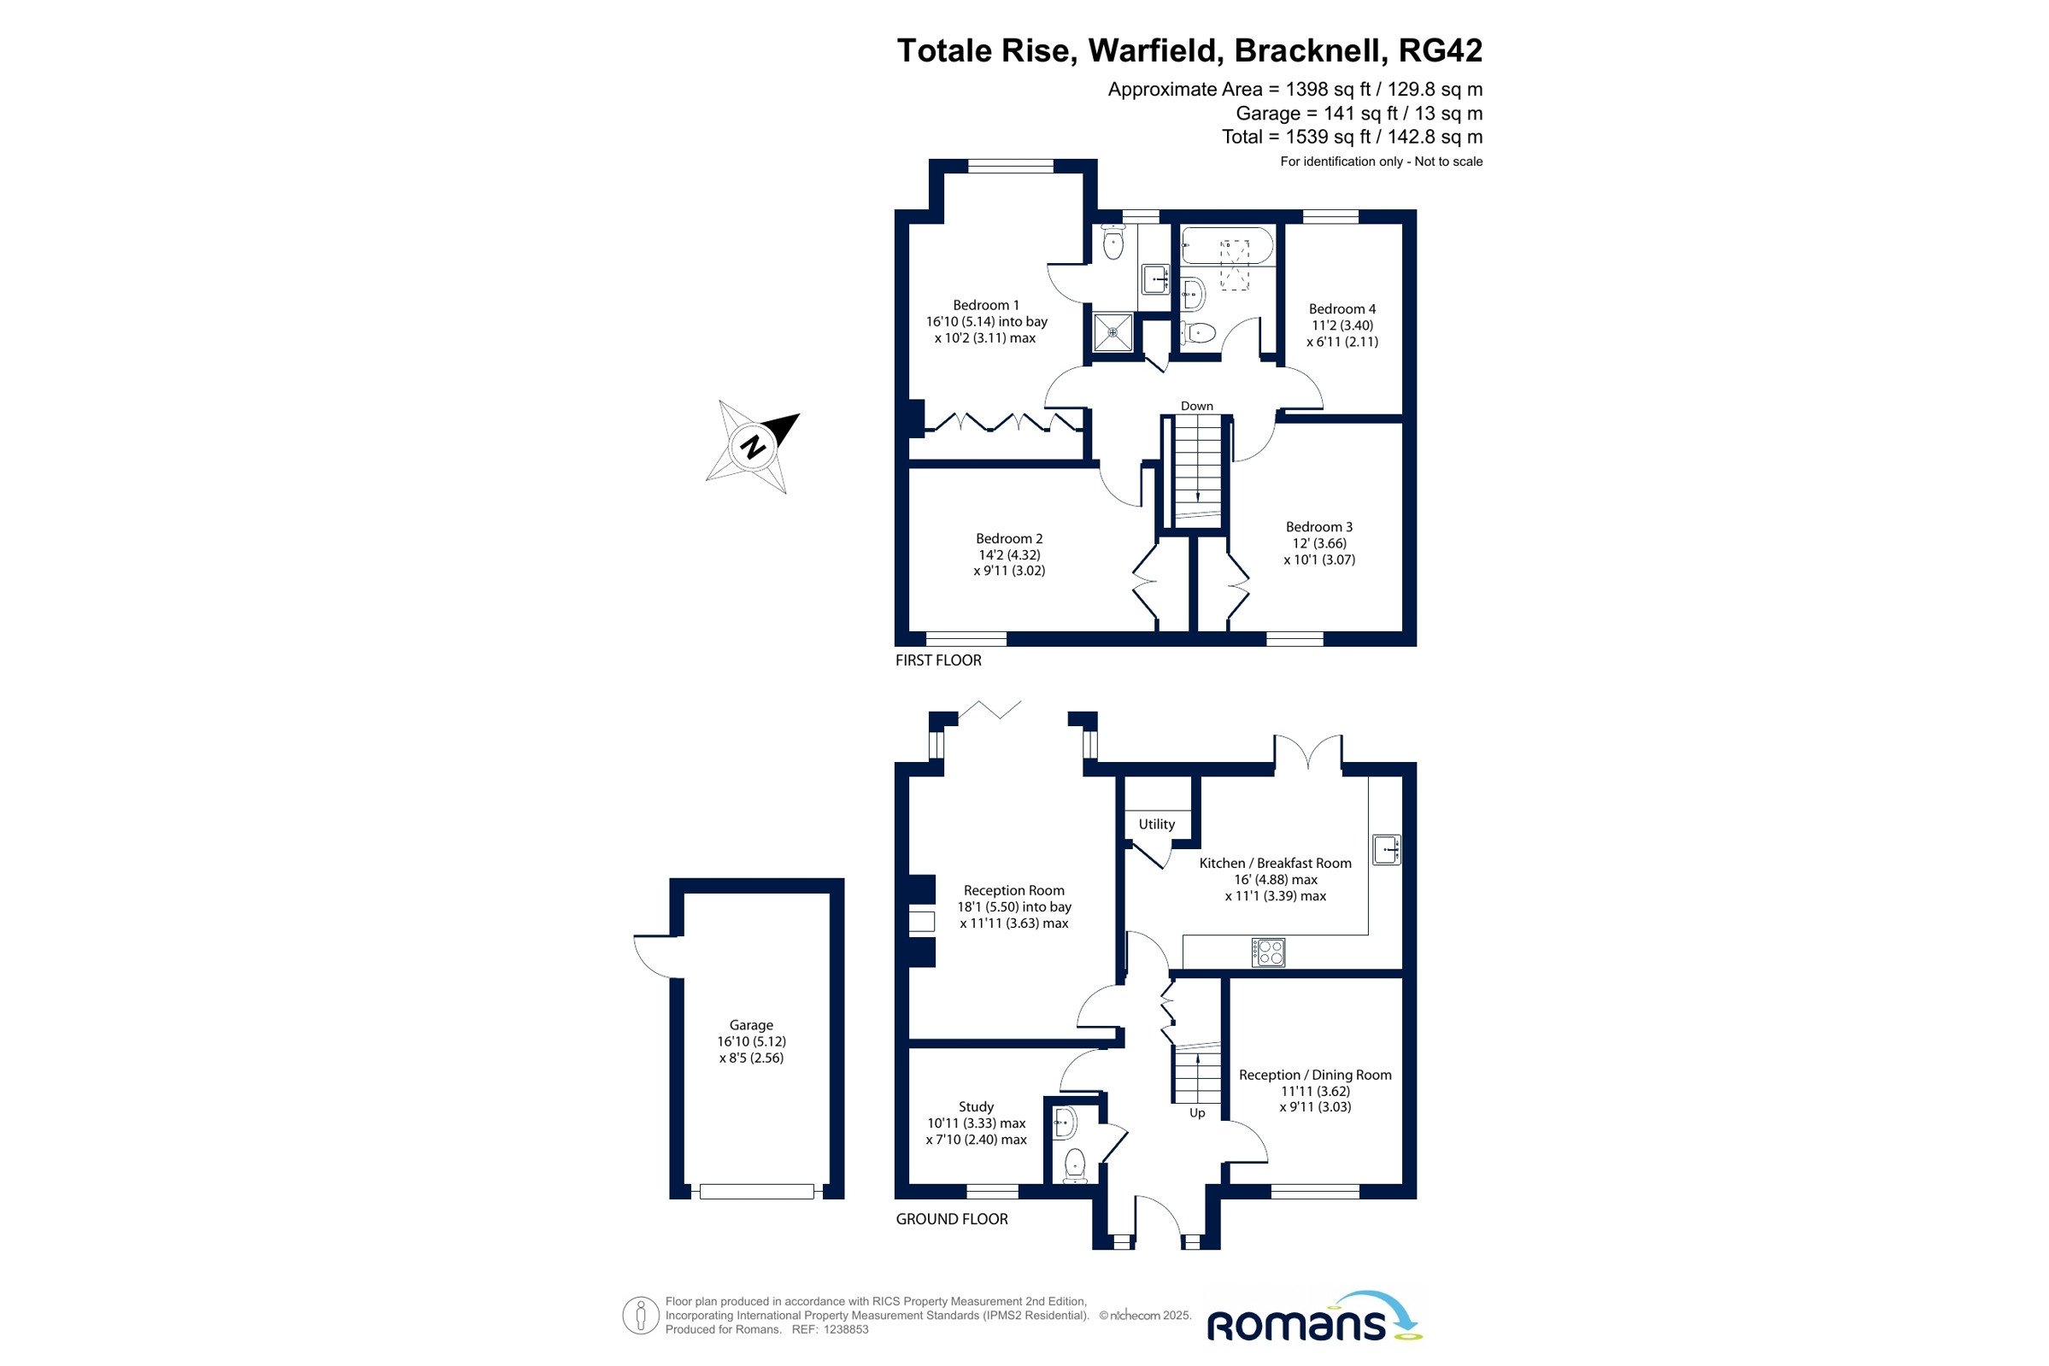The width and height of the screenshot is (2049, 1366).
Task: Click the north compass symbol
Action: pyautogui.click(x=753, y=446)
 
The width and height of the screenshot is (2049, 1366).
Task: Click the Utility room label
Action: pyautogui.click(x=1156, y=824)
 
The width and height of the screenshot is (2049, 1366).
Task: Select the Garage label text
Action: pyautogui.click(x=751, y=1025)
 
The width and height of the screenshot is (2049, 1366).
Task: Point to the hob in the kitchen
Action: pyautogui.click(x=1267, y=953)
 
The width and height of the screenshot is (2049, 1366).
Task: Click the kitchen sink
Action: pyautogui.click(x=1386, y=849)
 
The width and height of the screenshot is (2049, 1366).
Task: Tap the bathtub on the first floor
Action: pyautogui.click(x=1227, y=246)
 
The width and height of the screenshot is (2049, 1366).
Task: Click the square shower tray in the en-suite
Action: pyautogui.click(x=1113, y=333)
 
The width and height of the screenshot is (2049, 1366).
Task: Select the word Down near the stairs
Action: pyautogui.click(x=1196, y=406)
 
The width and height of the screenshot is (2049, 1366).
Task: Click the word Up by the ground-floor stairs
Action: pyautogui.click(x=1197, y=1113)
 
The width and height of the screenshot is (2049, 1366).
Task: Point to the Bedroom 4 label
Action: pyautogui.click(x=1342, y=309)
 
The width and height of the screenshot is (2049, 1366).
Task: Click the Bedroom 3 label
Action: pyautogui.click(x=1319, y=527)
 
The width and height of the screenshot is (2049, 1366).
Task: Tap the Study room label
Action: pyautogui.click(x=976, y=1107)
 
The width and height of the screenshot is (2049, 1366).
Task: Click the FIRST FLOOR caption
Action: pyautogui.click(x=938, y=660)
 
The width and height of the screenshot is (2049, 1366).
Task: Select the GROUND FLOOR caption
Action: pyautogui.click(x=951, y=1220)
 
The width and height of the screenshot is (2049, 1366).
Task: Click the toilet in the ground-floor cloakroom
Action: pyautogui.click(x=1076, y=1164)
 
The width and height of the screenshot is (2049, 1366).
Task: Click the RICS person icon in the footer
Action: pyautogui.click(x=640, y=1316)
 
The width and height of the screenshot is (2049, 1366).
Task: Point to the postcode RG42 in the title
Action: pyautogui.click(x=1439, y=50)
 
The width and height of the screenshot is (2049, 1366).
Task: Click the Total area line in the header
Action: pyautogui.click(x=1351, y=137)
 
